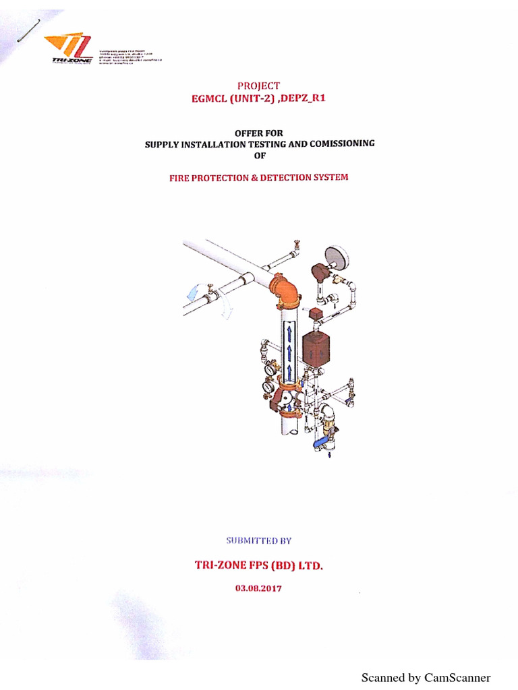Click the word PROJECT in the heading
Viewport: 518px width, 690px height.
click(x=258, y=86)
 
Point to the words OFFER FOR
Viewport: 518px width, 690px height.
click(x=259, y=133)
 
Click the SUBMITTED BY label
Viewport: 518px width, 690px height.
click(x=259, y=540)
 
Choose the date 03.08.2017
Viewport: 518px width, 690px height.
click(x=259, y=588)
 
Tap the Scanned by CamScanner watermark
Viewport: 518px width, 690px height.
click(x=426, y=677)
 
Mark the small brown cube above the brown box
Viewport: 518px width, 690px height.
click(x=314, y=315)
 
